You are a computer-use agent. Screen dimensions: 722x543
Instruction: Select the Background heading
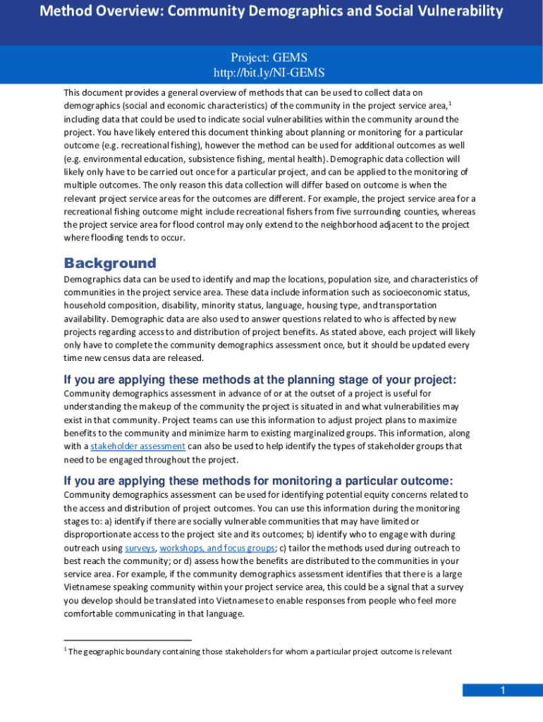point(110,263)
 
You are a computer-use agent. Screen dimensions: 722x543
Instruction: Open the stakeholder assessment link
point(138,446)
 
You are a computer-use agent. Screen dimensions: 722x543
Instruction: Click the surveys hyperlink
point(140,548)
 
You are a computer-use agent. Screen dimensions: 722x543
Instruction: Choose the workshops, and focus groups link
point(217,548)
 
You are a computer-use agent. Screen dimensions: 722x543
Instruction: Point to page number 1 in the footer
point(503,690)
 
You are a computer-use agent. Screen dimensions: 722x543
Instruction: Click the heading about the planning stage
point(260,380)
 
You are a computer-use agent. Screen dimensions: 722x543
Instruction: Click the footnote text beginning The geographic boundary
point(260,651)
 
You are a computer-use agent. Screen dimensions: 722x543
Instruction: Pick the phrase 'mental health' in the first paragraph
point(295,159)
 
